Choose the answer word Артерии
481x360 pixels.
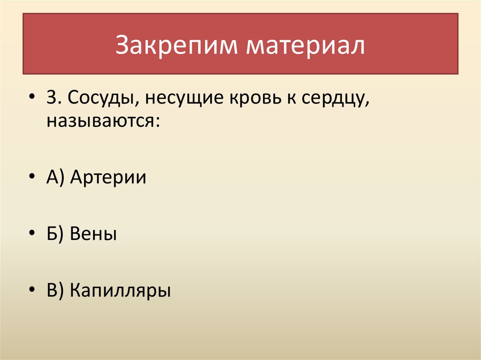[108, 178]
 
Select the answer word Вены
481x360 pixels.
[93, 234]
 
